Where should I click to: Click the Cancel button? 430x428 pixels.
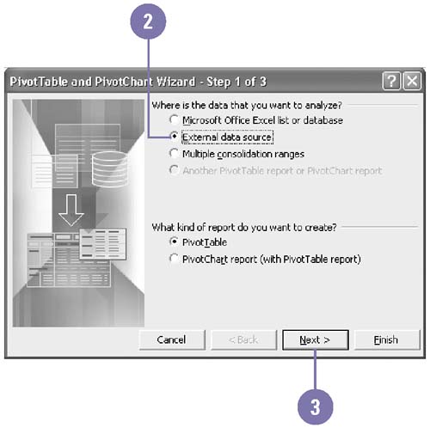[x=172, y=339]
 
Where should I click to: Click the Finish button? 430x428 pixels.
[x=387, y=339]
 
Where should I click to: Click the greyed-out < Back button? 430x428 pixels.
[x=244, y=339]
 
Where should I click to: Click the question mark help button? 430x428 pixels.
[x=391, y=82]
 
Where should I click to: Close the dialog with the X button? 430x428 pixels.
[x=412, y=82]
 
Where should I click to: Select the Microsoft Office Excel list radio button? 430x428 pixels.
[x=174, y=119]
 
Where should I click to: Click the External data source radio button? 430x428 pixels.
[x=174, y=136]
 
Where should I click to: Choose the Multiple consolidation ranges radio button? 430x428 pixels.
[x=174, y=153]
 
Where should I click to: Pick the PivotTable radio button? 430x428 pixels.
[x=174, y=242]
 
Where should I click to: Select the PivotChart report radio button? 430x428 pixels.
[x=174, y=259]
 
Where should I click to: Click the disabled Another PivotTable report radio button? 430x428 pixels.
[x=174, y=170]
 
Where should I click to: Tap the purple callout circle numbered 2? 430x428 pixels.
[x=148, y=21]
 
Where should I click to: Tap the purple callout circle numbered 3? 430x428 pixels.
[x=316, y=407]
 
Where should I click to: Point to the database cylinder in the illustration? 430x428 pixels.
[x=109, y=169]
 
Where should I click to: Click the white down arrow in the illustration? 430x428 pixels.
[x=71, y=210]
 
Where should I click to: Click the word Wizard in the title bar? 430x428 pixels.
[x=176, y=82]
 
